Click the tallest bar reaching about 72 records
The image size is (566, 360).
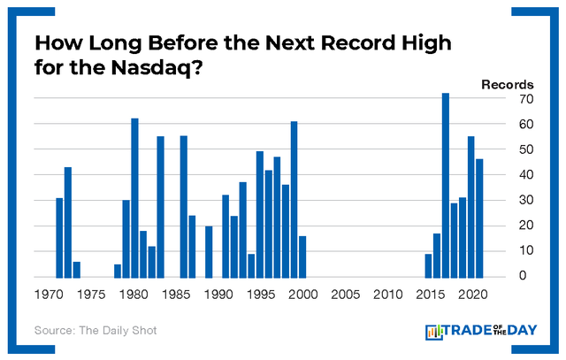point(446,185)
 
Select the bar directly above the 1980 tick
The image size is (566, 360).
point(135,198)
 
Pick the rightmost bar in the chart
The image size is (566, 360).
point(479,218)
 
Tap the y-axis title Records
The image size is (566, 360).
point(507,84)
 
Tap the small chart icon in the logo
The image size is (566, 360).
point(435,332)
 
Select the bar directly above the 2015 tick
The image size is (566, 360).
point(429,265)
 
